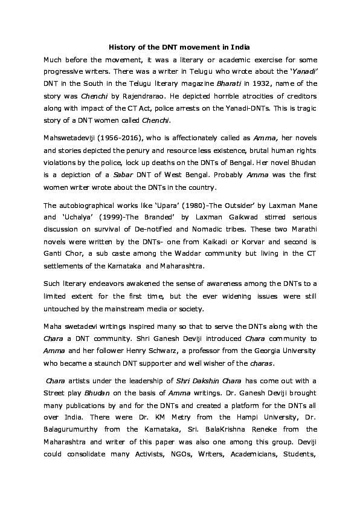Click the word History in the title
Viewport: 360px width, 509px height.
[x=119, y=47]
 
